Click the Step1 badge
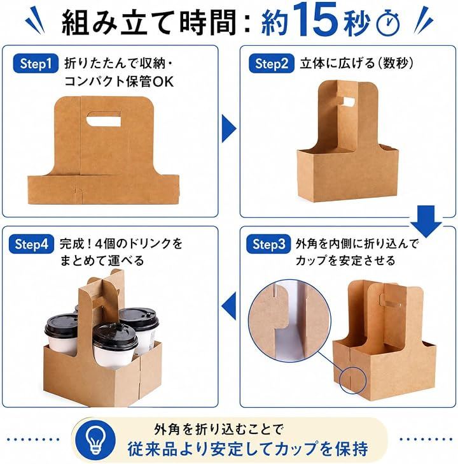(36, 64)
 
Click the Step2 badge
(272, 64)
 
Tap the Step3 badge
(268, 244)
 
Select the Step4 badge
(31, 244)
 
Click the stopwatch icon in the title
(388, 23)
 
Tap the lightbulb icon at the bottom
(95, 440)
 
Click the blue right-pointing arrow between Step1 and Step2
(229, 129)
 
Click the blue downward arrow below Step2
(426, 221)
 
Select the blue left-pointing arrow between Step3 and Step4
(229, 306)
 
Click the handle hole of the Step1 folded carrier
(104, 119)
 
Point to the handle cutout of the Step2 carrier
(346, 101)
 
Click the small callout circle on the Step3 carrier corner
(352, 381)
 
